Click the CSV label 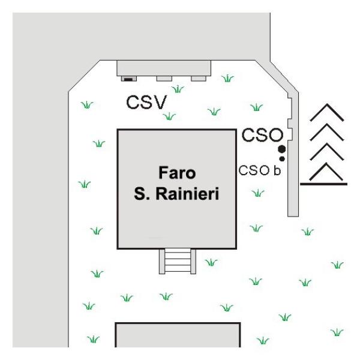click(146, 102)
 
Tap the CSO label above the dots click(262, 135)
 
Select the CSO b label click(259, 170)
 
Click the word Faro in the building click(177, 173)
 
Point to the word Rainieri click(187, 194)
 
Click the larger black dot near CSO click(282, 149)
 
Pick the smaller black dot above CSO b click(282, 158)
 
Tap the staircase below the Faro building click(178, 261)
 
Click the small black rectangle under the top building click(128, 79)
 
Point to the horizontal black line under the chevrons click(324, 184)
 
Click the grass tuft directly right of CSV click(178, 89)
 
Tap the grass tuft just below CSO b click(258, 193)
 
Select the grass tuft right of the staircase click(211, 262)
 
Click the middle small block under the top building click(164, 79)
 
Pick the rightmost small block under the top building click(199, 79)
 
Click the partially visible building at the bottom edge click(178, 335)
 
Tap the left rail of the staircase click(162, 262)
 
